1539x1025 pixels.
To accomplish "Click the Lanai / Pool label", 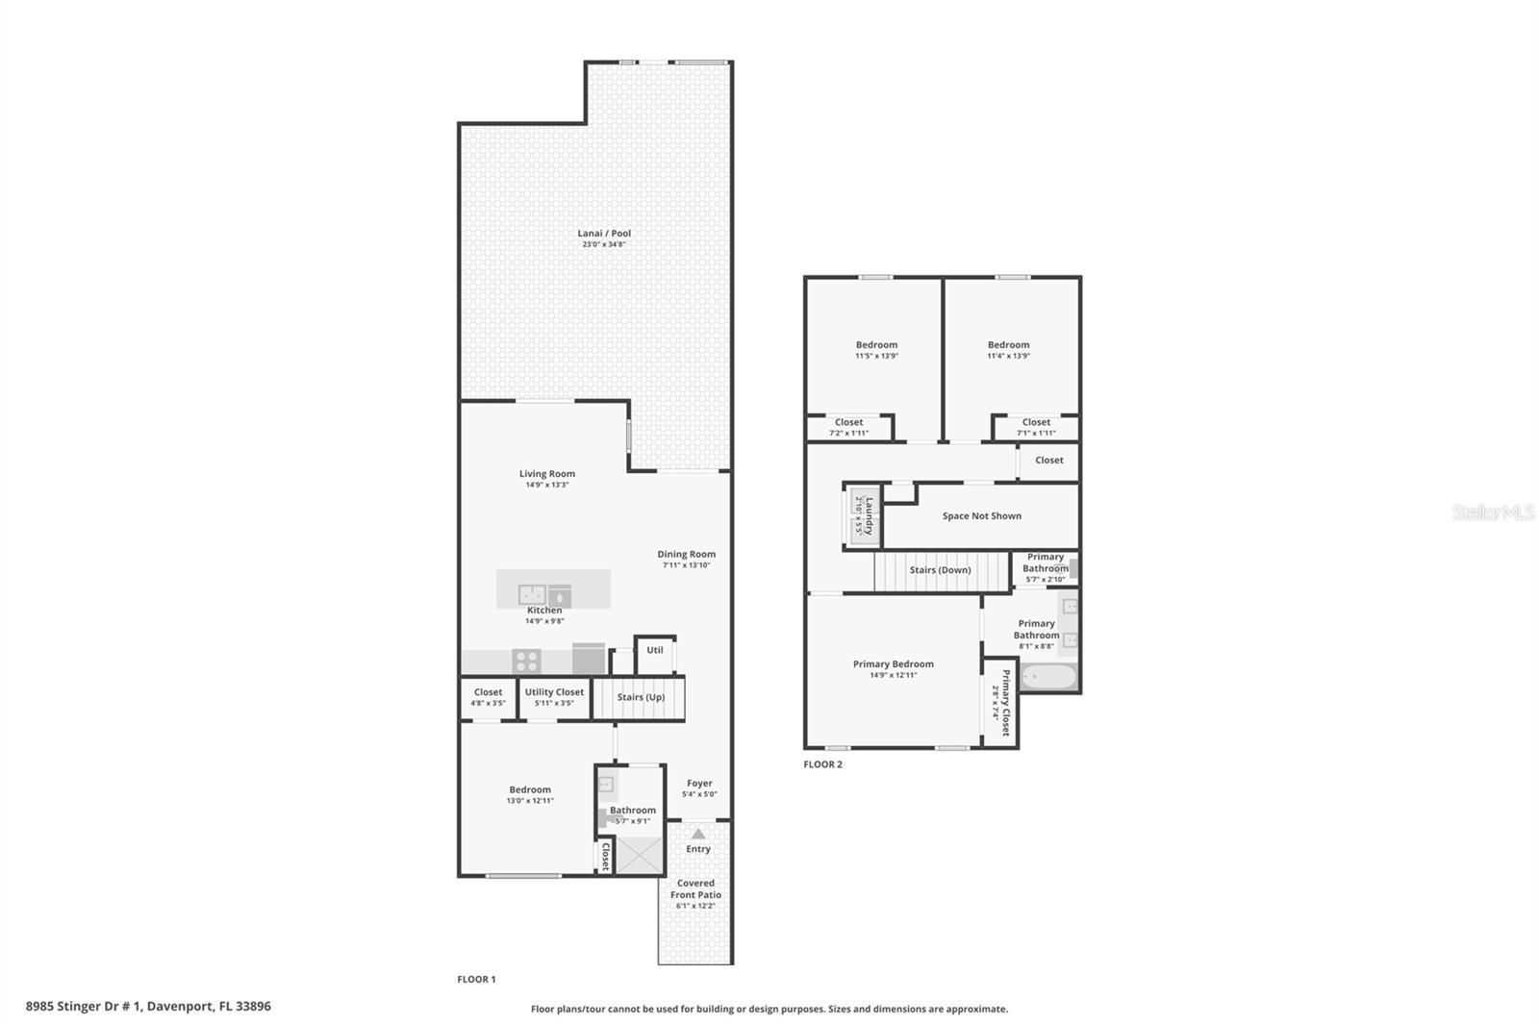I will tap(604, 233).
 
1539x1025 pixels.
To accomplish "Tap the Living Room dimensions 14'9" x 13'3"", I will tap(546, 485).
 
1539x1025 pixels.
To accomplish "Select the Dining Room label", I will tap(686, 554).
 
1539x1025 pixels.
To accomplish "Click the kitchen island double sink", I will tap(532, 594).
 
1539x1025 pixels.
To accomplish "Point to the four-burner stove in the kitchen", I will tap(526, 662).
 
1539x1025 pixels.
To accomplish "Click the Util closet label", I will tap(654, 650).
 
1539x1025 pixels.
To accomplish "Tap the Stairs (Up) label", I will tap(641, 697).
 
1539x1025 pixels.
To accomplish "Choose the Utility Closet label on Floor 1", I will tap(554, 692).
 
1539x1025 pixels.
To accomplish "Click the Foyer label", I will tap(699, 784).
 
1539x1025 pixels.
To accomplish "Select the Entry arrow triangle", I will tap(698, 834).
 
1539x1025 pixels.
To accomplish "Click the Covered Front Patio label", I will tap(695, 888).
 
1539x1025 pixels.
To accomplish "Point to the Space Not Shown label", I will tap(981, 516).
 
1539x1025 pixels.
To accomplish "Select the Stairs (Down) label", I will tap(940, 570).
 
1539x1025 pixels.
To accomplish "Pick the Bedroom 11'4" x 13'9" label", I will tap(1008, 345).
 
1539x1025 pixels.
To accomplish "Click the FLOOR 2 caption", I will tap(822, 764).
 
